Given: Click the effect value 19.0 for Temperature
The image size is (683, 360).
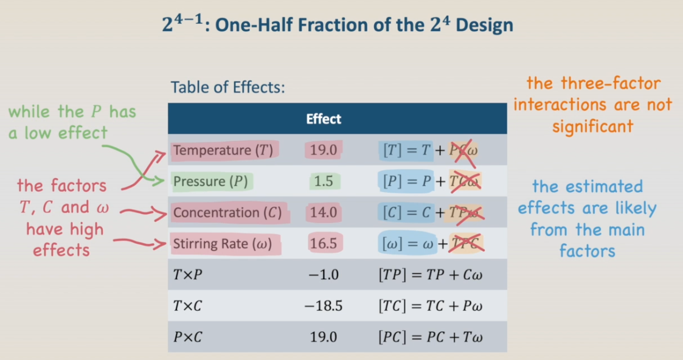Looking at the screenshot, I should click(324, 150).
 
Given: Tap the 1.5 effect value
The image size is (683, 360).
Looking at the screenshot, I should click(324, 182).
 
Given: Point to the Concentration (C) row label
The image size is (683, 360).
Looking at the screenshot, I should click(226, 213).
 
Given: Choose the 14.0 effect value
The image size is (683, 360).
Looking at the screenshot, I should click(324, 213).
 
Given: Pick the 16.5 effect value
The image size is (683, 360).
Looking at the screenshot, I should click(324, 244).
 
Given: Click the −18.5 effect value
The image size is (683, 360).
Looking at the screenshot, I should click(324, 306).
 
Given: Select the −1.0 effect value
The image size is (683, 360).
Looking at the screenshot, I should click(324, 275).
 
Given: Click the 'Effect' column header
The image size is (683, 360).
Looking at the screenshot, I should click(324, 119).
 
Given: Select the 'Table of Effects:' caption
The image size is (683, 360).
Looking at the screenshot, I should click(227, 87).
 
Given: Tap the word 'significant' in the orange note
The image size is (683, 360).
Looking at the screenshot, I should click(593, 126).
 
